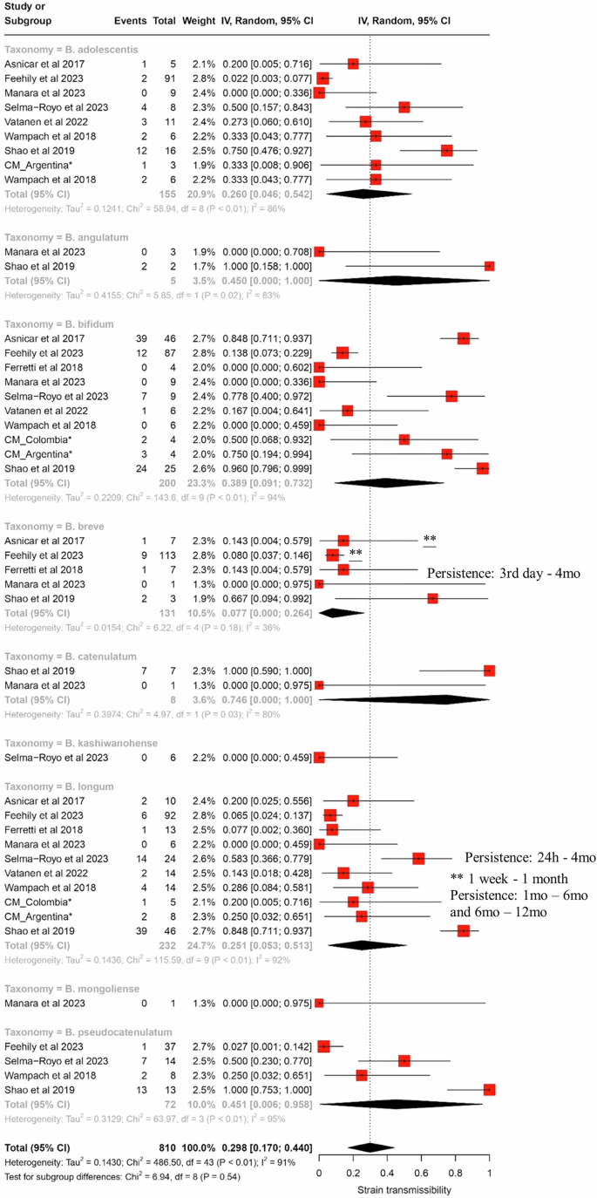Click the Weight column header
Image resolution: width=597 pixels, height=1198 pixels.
199,19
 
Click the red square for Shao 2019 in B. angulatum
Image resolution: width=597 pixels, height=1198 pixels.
489,266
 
